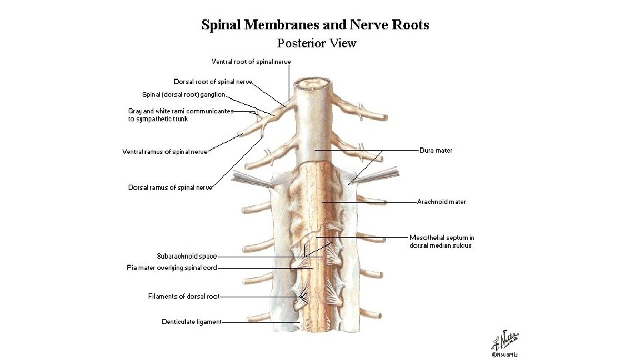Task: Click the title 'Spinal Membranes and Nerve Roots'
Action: click(x=315, y=25)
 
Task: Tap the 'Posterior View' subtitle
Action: click(x=317, y=44)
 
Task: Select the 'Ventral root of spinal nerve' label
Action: click(x=251, y=62)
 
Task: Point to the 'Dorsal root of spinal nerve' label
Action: click(x=213, y=82)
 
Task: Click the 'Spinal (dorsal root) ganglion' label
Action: click(x=184, y=95)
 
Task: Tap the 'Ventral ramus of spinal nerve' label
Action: click(x=165, y=152)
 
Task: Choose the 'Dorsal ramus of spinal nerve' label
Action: click(x=170, y=188)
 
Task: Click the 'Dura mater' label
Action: click(x=436, y=151)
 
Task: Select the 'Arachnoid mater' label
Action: click(x=441, y=202)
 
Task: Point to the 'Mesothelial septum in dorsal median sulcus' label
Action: click(x=442, y=241)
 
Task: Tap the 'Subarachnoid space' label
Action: click(x=187, y=256)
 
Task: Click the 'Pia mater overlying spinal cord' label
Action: click(x=172, y=268)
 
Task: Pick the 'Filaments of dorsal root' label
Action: click(x=184, y=297)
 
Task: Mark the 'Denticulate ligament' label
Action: click(x=191, y=322)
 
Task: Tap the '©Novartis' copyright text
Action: click(x=505, y=355)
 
